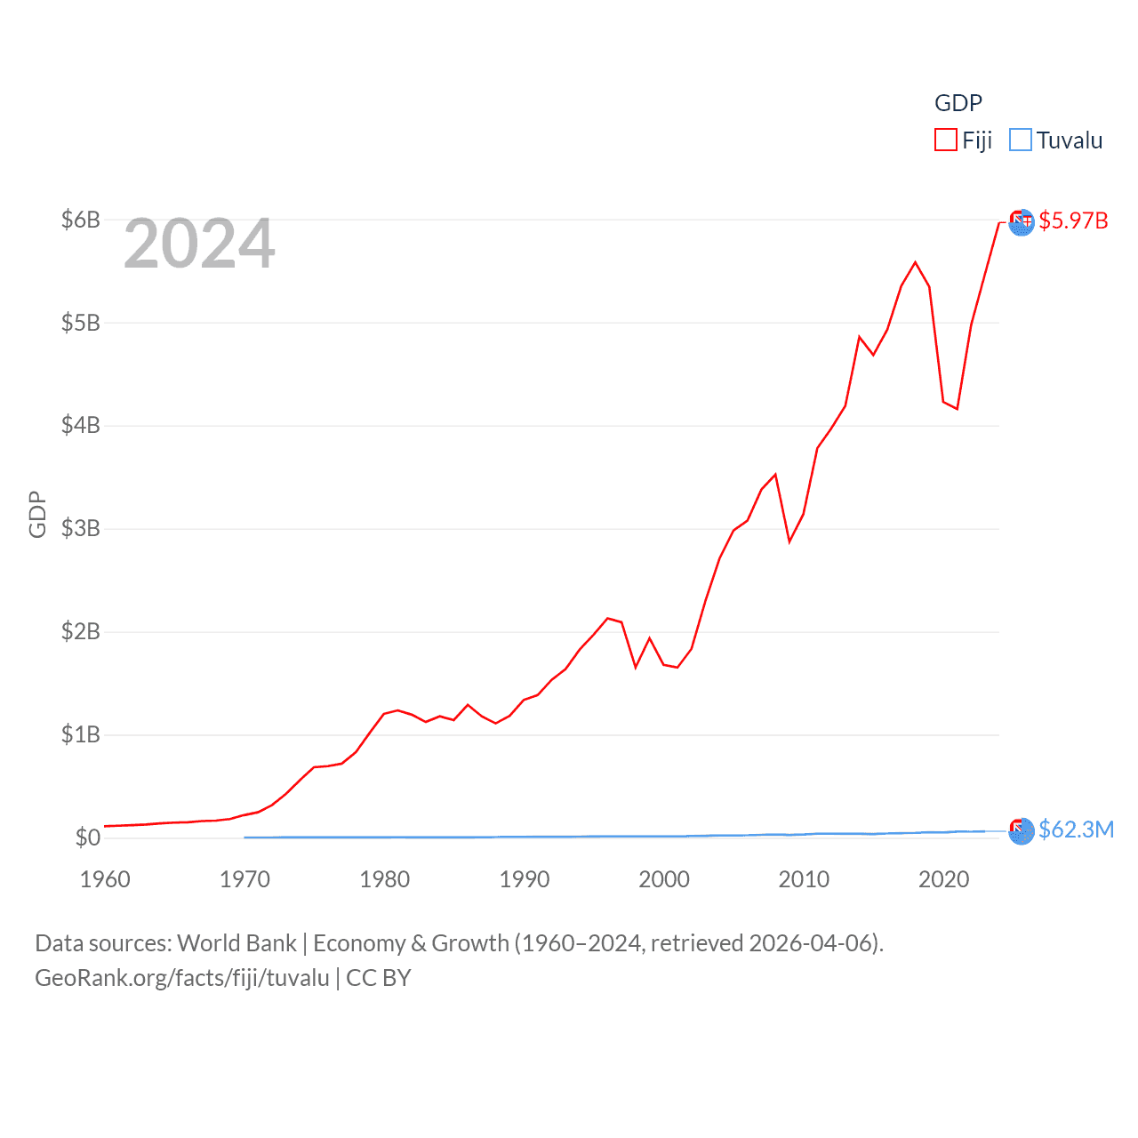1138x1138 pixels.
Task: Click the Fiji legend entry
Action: [964, 140]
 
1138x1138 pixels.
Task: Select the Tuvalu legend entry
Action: [1057, 140]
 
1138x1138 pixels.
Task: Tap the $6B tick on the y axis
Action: [81, 220]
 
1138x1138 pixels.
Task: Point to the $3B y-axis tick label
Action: [81, 529]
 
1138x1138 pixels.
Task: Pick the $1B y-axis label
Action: [81, 734]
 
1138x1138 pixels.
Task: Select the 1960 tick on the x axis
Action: [105, 879]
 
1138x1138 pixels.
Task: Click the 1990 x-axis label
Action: [525, 879]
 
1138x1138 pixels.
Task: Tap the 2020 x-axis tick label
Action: [943, 879]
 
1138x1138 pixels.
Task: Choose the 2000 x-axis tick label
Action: [664, 879]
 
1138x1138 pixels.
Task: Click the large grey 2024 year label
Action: [199, 244]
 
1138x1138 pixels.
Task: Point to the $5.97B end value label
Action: [1073, 220]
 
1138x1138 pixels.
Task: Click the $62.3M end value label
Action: [1076, 829]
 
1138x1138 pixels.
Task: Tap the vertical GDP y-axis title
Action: [37, 514]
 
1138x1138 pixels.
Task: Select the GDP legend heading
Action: [958, 103]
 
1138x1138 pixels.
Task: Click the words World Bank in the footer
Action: [237, 943]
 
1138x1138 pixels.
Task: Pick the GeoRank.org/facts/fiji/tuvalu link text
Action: [182, 978]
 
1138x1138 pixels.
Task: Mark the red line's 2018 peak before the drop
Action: [916, 262]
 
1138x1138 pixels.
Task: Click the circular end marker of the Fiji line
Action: [1022, 221]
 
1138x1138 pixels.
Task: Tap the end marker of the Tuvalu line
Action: [1022, 830]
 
